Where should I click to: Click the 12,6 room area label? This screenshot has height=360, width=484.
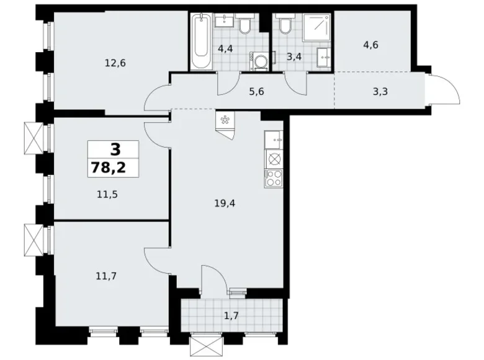pyautogui.click(x=115, y=63)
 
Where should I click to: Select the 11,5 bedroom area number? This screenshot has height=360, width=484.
pyautogui.click(x=107, y=194)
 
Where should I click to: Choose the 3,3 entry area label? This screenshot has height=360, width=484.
pyautogui.click(x=382, y=91)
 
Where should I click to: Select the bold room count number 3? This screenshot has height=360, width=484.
pyautogui.click(x=114, y=149)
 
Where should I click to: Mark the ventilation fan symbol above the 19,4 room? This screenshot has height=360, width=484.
pyautogui.click(x=225, y=120)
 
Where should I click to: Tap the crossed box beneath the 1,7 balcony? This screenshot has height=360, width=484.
pyautogui.click(x=202, y=343)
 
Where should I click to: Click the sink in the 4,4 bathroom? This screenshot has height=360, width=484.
pyautogui.click(x=223, y=22)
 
